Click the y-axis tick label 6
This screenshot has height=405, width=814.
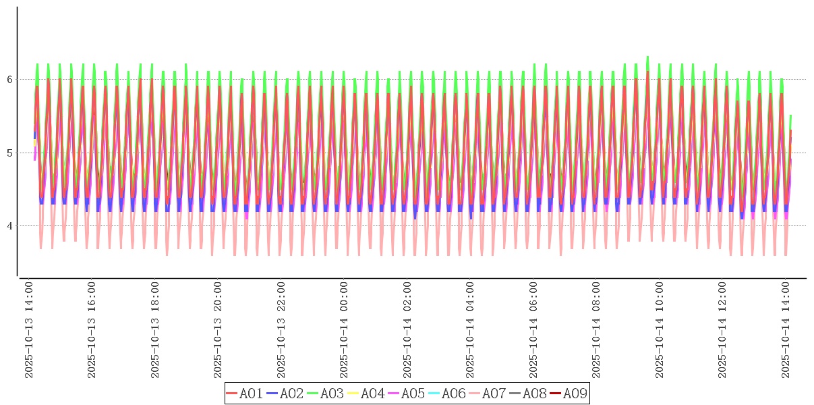(10, 80)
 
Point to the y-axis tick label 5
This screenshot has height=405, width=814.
(10, 153)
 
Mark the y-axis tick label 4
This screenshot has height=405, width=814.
(10, 225)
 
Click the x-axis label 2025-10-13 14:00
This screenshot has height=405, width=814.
(29, 330)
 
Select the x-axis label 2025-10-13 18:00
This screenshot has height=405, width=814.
(155, 330)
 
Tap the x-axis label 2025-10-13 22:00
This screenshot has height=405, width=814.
(281, 330)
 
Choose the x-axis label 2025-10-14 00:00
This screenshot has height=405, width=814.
(345, 330)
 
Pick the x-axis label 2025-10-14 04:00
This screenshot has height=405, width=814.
(471, 330)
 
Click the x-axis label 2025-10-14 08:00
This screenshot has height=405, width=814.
(597, 330)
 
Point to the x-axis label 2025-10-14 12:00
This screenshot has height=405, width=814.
(723, 330)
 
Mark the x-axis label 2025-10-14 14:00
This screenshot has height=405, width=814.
(786, 330)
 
